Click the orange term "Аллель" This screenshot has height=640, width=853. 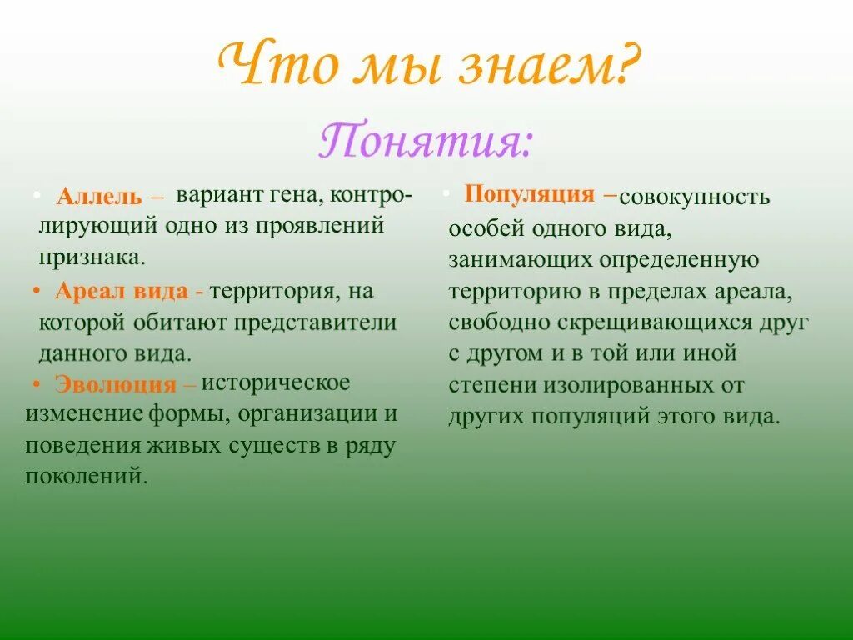(x=101, y=198)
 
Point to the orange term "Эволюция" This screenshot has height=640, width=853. (x=116, y=384)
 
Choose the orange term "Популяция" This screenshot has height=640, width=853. (x=529, y=194)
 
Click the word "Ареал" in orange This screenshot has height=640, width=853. (x=88, y=292)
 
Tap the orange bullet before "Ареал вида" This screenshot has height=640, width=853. (x=38, y=292)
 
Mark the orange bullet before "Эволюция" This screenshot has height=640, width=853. (x=37, y=383)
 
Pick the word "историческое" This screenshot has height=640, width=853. (x=276, y=382)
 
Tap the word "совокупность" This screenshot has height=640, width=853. (x=695, y=197)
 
